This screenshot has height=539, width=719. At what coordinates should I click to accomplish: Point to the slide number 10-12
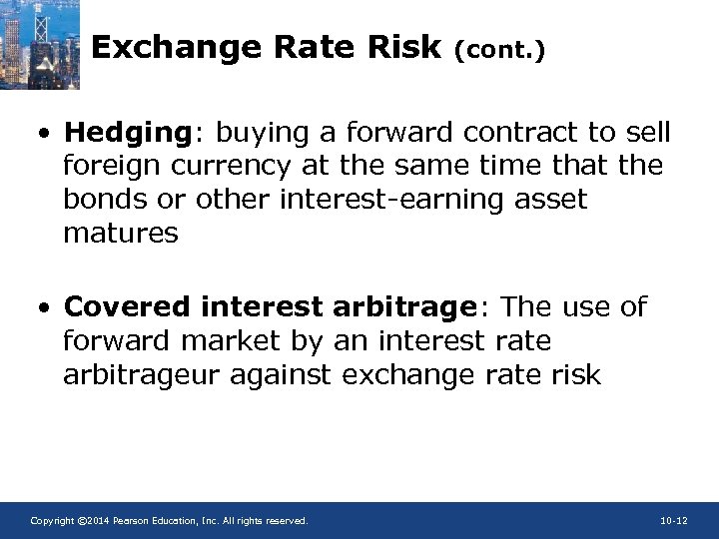point(674,521)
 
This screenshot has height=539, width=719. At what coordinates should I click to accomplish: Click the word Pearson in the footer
point(132,521)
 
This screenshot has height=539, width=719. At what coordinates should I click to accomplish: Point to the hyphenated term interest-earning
point(396,200)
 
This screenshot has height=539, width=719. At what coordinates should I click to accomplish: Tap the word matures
point(121,234)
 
